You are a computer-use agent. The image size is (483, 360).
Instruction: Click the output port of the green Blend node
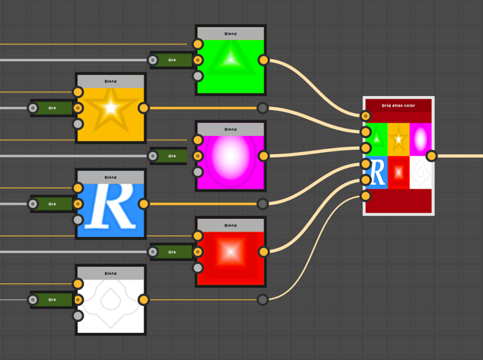pos(263,61)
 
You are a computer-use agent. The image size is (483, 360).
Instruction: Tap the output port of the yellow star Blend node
pos(144,108)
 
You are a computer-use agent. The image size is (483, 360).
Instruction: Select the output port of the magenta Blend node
pos(263,156)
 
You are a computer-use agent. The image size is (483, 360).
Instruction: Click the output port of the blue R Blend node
pos(144,204)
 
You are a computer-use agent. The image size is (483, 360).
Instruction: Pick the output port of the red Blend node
pos(263,252)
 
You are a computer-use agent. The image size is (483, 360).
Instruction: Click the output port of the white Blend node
pos(144,299)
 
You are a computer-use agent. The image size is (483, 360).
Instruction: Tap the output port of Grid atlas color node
pos(431,156)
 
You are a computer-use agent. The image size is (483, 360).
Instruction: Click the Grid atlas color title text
pos(398,105)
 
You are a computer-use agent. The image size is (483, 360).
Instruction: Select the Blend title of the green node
pos(231,34)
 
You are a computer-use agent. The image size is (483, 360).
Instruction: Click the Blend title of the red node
pos(231,225)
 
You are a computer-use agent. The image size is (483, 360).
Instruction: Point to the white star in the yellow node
pos(111,108)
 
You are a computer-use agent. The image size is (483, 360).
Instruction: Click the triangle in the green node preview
pos(231,59)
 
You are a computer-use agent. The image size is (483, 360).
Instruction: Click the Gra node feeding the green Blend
pos(171,61)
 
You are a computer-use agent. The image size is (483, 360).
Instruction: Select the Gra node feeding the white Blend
pos(52,299)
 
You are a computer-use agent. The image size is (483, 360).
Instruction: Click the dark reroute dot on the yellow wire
pos(262,108)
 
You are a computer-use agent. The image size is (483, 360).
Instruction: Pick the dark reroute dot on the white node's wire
pos(262,299)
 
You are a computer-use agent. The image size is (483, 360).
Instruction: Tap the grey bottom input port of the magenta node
pos(198,172)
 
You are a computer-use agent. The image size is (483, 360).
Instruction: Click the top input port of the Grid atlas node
pos(366,116)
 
